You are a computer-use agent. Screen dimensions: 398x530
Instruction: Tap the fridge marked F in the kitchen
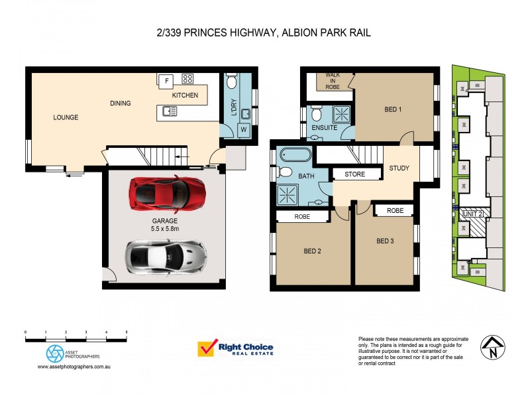tap(167, 80)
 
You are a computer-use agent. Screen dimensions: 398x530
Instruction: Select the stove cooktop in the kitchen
tap(187, 79)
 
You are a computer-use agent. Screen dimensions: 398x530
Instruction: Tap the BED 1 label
tap(394, 110)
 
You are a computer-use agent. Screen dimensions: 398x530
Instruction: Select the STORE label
tap(356, 174)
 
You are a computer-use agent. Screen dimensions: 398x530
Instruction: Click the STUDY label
tap(399, 168)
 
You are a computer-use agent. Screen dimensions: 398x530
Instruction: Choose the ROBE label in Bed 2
tap(303, 216)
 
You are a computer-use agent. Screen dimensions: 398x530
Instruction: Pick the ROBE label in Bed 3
tap(395, 210)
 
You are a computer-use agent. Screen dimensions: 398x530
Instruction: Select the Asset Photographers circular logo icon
tap(54, 354)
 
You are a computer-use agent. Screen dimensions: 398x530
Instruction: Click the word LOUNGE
tap(66, 117)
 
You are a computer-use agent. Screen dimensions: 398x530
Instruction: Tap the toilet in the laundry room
tap(232, 82)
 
